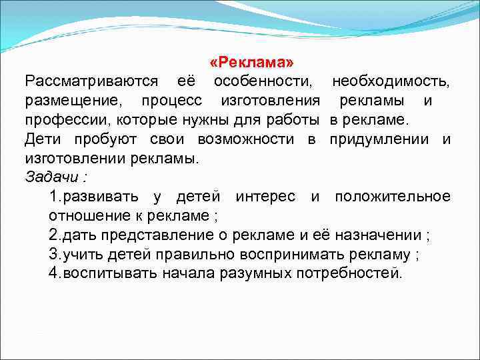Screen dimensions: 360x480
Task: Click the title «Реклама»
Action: pos(251,62)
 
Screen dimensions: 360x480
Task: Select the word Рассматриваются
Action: pos(91,81)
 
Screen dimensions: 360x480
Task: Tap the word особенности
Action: pos(262,81)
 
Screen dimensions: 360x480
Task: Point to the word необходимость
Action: pos(391,81)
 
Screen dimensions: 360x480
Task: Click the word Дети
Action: pos(43,139)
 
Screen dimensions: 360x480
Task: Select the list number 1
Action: pos(53,197)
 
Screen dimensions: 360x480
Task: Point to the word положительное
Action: pos(392,197)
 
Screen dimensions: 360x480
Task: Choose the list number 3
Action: pos(53,254)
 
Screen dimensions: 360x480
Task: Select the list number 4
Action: pos(53,273)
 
